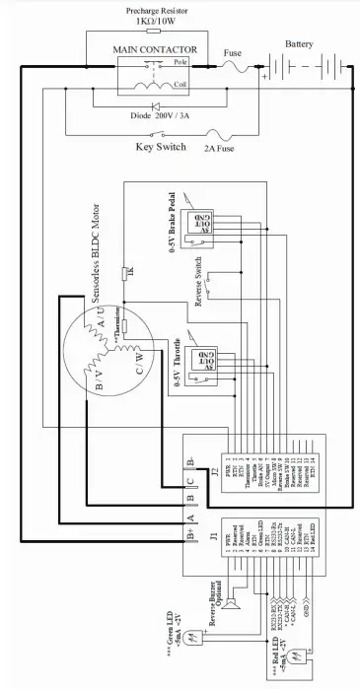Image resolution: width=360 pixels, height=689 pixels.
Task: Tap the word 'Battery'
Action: click(x=299, y=44)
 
